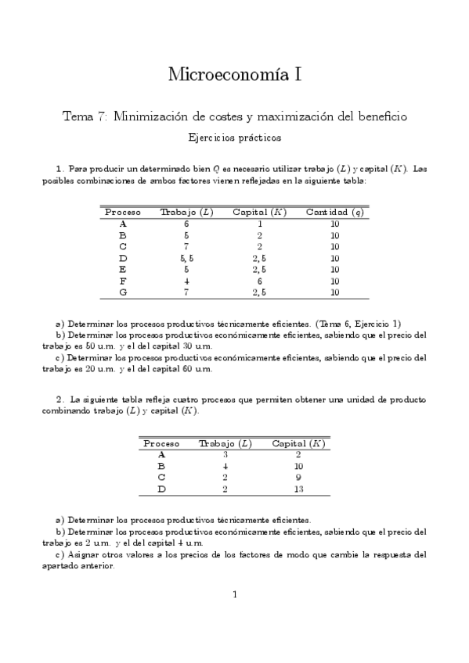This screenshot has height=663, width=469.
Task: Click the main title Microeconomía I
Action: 234,75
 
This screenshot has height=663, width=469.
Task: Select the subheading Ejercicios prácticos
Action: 235,137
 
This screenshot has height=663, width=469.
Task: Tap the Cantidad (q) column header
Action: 334,212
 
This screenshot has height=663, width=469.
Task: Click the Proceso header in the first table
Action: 122,212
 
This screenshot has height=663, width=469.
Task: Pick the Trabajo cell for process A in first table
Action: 186,224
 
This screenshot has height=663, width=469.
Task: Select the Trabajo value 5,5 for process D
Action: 186,258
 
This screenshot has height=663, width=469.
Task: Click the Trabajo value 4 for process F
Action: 186,281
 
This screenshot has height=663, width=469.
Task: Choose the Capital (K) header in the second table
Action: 298,443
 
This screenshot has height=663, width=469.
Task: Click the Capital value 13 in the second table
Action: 298,489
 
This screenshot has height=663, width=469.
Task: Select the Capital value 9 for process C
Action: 298,477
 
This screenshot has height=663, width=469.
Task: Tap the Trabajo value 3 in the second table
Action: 225,454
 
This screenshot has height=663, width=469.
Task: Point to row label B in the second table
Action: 161,466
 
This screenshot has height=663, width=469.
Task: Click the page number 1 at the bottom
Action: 234,594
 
